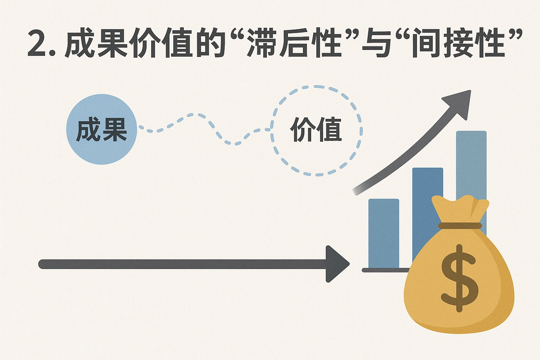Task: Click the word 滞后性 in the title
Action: (294, 44)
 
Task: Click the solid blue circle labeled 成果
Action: (101, 129)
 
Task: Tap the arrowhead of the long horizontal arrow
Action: (336, 264)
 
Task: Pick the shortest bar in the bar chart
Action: (384, 232)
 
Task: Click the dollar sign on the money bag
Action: (459, 278)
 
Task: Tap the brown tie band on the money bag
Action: (460, 226)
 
